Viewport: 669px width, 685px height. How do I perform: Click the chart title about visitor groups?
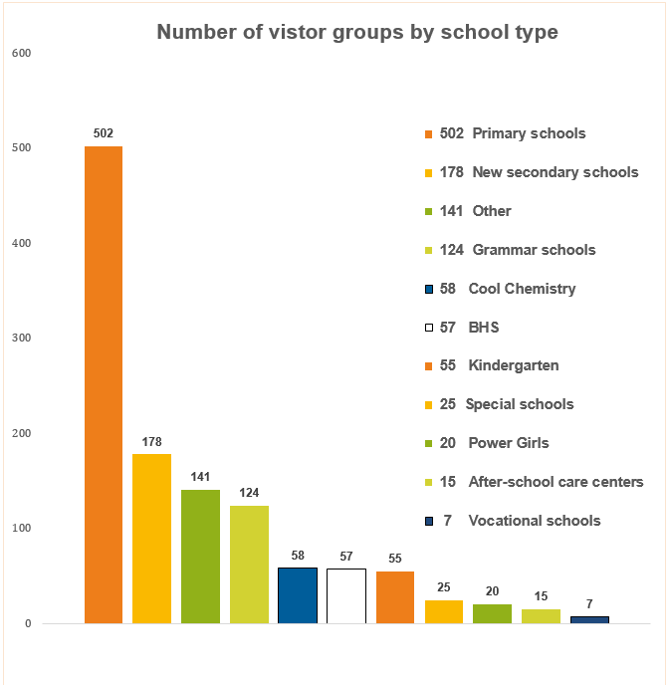click(x=357, y=33)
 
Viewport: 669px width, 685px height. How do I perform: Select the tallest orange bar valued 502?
click(x=104, y=384)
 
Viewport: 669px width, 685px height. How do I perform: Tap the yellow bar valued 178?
click(x=152, y=539)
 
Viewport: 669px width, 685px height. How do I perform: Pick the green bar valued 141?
click(x=200, y=557)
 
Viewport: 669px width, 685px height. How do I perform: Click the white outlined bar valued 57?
click(x=346, y=596)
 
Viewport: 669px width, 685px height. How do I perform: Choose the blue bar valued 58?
click(x=298, y=595)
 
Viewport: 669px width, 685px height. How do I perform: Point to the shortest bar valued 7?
click(x=589, y=620)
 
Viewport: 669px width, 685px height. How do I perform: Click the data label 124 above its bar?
click(x=249, y=493)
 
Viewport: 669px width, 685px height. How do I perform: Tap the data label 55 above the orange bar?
click(x=395, y=559)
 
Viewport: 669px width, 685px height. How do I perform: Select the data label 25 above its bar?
click(x=444, y=587)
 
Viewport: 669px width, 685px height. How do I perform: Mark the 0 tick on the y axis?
click(x=28, y=624)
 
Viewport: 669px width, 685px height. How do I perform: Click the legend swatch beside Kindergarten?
click(x=428, y=366)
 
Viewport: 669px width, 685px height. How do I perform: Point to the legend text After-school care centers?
click(x=556, y=482)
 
